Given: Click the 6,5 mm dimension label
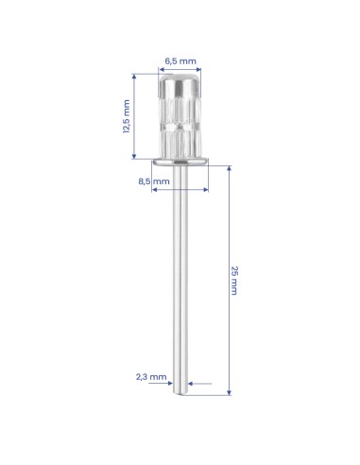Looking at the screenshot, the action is click(180, 60).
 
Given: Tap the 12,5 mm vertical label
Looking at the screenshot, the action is click(127, 116).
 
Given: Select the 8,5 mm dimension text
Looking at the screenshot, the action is click(154, 181).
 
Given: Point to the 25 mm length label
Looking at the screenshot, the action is click(234, 281).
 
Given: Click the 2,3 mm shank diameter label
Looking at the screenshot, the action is click(151, 377).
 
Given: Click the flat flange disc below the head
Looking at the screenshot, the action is click(180, 162).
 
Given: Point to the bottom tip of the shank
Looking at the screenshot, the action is click(180, 393).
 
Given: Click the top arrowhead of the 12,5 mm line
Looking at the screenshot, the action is click(134, 77).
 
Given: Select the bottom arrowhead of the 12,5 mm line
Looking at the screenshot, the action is click(134, 156).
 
